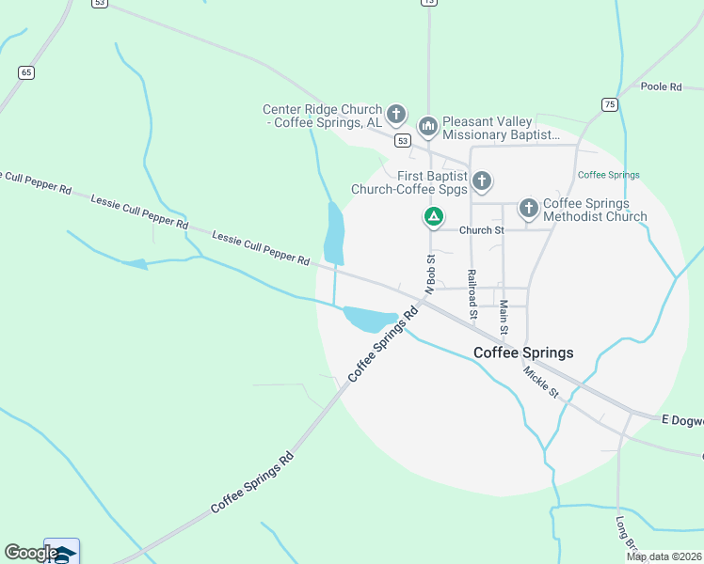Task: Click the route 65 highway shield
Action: click(25, 72)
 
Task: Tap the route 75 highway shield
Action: click(610, 104)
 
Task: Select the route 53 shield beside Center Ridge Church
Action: click(403, 140)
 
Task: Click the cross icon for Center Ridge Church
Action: click(396, 116)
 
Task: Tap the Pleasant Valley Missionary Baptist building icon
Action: click(428, 126)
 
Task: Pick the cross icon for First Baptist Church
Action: click(482, 180)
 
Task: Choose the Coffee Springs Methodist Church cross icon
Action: click(529, 208)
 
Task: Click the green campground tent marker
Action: click(433, 218)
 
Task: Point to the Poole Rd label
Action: click(660, 86)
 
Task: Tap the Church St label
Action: click(482, 230)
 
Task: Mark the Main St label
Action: click(504, 317)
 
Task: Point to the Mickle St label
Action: click(541, 381)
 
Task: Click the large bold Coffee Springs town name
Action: click(523, 352)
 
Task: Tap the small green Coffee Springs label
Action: click(608, 175)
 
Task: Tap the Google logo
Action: click(31, 553)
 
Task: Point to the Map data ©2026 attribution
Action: click(664, 556)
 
